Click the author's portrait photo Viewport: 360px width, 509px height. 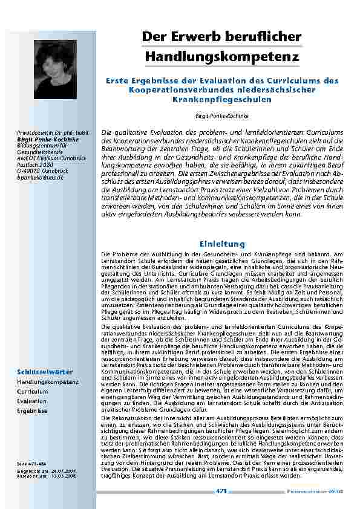point(46,60)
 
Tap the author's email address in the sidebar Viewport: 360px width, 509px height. point(40,178)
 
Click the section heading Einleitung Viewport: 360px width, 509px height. point(221,244)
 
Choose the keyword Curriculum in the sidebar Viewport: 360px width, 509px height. point(33,392)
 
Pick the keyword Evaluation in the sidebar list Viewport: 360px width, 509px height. point(31,401)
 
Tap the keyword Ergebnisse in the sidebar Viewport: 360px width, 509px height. point(32,410)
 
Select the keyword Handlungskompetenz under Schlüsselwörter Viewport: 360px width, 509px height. point(48,382)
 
